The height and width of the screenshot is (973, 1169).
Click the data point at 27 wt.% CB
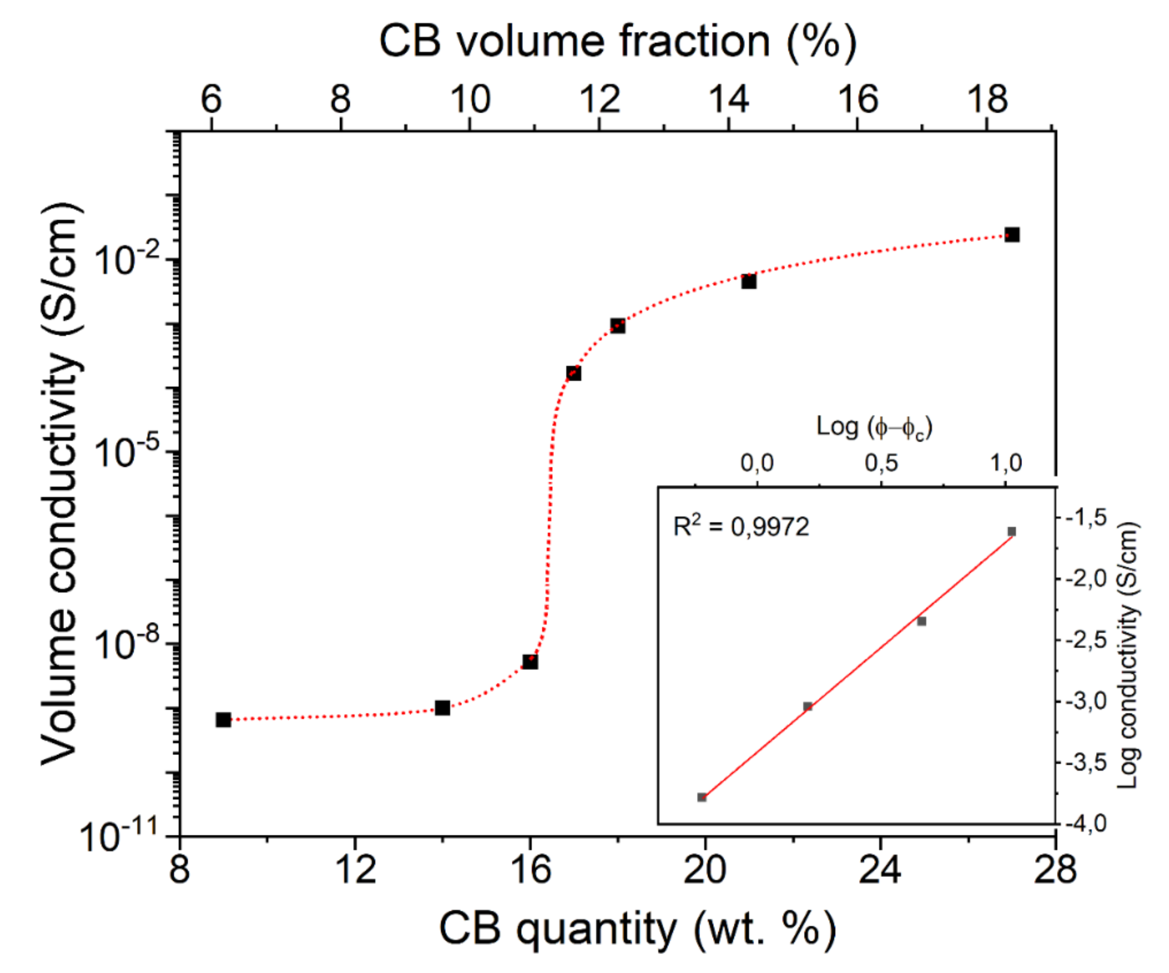pos(1011,235)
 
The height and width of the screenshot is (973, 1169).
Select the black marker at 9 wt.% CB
pos(223,720)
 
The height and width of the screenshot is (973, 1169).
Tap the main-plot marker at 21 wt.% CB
pos(749,282)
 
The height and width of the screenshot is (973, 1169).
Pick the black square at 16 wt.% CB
pos(530,662)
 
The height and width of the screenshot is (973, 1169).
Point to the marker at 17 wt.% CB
pos(573,373)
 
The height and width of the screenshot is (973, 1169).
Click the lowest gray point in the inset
pos(702,797)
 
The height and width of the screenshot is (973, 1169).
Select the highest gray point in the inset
pos(1011,532)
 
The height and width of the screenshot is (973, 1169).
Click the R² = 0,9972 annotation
pos(741,526)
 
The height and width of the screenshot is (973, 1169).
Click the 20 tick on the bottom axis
pos(705,870)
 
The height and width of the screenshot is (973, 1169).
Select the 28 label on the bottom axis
pos(1055,870)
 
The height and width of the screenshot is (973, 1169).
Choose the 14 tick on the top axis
pos(729,100)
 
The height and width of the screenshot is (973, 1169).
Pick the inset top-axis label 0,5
pos(881,463)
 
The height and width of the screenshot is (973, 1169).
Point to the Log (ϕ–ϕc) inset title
pos(874,428)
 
